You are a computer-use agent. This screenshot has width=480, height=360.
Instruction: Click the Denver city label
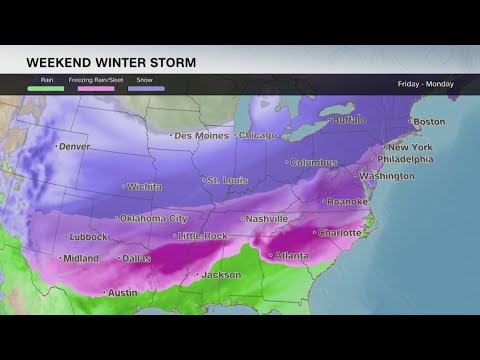point(74,146)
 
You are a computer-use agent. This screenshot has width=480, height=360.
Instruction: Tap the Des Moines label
point(203,135)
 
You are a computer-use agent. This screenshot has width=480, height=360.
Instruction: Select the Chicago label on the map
point(258,135)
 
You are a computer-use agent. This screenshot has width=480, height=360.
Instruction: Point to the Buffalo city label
point(348,119)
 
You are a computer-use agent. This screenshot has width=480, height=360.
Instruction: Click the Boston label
point(428,122)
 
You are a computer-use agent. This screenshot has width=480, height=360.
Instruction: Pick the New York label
point(410,147)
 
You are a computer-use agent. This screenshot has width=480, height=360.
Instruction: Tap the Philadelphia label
point(405,159)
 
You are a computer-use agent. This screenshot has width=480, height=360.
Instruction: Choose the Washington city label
point(386,176)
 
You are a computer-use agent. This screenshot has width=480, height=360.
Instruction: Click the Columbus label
point(314,162)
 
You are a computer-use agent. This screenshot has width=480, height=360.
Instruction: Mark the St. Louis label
point(226,180)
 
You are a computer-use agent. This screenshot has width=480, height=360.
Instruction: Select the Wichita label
point(145,186)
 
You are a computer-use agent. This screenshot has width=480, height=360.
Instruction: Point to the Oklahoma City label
point(153,218)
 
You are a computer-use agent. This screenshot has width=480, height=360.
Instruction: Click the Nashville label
point(267,218)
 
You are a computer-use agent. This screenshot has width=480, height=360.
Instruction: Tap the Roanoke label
point(346,201)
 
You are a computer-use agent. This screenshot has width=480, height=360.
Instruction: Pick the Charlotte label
point(338,232)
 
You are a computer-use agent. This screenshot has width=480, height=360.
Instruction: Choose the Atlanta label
point(290,255)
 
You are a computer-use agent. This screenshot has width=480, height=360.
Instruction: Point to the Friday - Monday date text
point(425,84)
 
